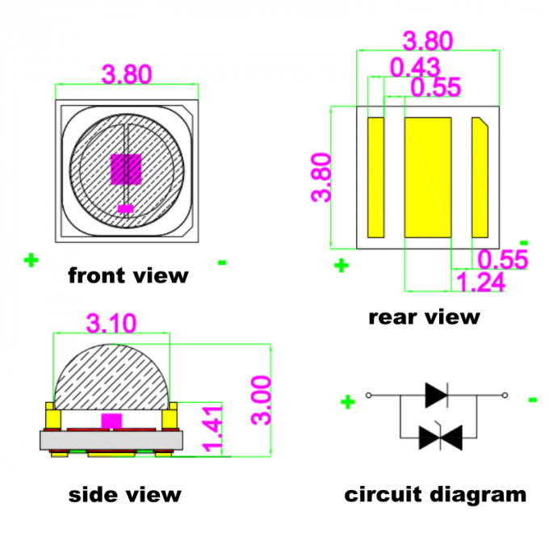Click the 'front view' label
(x=128, y=275)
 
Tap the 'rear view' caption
(x=424, y=316)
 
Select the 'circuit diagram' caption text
(x=435, y=494)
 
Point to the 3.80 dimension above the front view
(x=127, y=74)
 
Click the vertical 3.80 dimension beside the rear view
(x=321, y=178)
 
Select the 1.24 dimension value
(x=481, y=282)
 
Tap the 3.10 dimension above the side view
(x=111, y=323)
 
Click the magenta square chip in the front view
(x=125, y=168)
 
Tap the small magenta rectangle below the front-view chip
(x=125, y=209)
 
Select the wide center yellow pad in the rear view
(x=428, y=178)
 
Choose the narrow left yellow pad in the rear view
(x=375, y=178)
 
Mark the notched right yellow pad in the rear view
(x=480, y=178)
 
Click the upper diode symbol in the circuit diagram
(x=437, y=395)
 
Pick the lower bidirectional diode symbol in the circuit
(x=440, y=438)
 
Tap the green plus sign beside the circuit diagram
(x=348, y=401)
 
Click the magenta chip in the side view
(x=111, y=420)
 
